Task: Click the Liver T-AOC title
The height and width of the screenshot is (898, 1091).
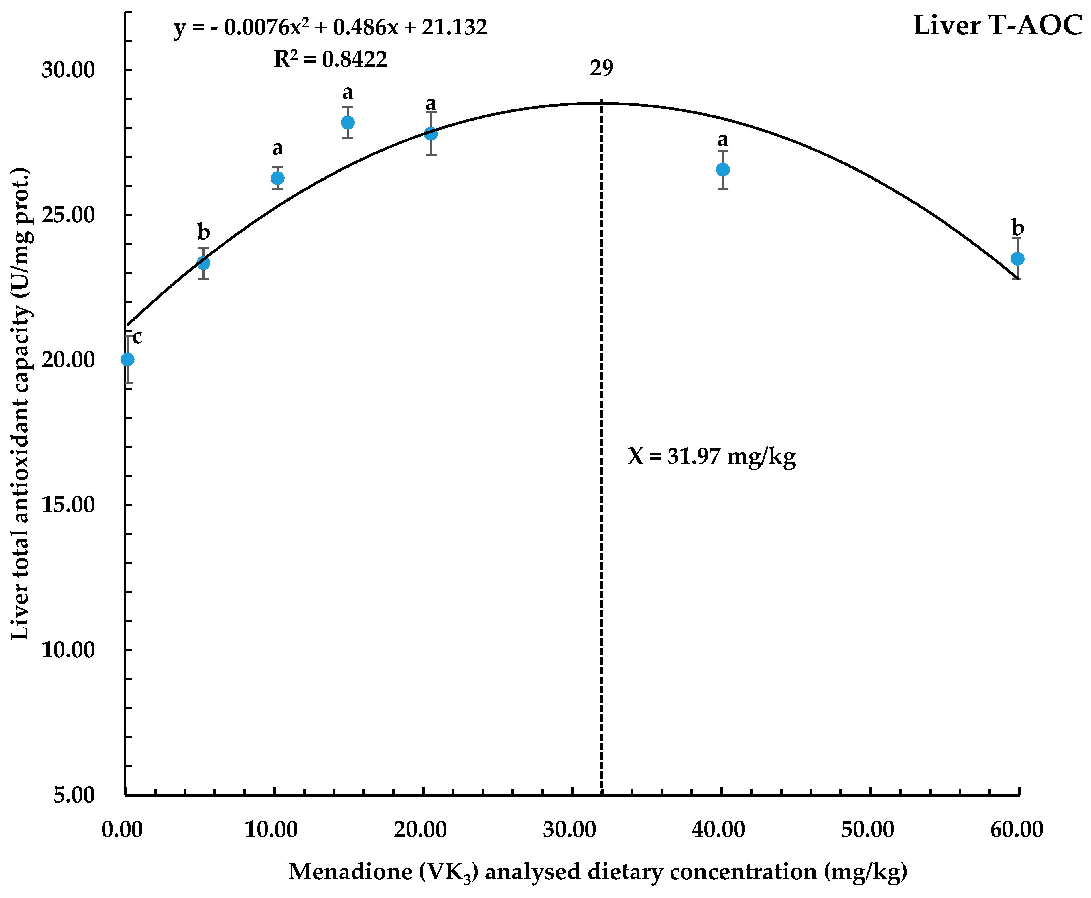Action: pyautogui.click(x=997, y=26)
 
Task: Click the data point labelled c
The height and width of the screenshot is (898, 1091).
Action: pyautogui.click(x=127, y=359)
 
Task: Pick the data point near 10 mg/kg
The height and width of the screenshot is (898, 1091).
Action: pyautogui.click(x=277, y=178)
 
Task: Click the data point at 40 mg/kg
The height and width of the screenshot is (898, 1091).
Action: pyautogui.click(x=723, y=169)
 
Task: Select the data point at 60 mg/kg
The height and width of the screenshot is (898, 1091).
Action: pyautogui.click(x=1017, y=259)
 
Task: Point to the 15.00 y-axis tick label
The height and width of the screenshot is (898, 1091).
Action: pyautogui.click(x=69, y=505)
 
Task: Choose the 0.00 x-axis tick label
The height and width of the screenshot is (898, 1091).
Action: pyautogui.click(x=122, y=830)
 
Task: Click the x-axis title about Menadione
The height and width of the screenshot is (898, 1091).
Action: pyautogui.click(x=598, y=871)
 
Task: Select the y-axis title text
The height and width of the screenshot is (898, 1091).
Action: pyautogui.click(x=21, y=404)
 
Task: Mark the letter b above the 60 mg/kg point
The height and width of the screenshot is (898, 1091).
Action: pyautogui.click(x=1017, y=228)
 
